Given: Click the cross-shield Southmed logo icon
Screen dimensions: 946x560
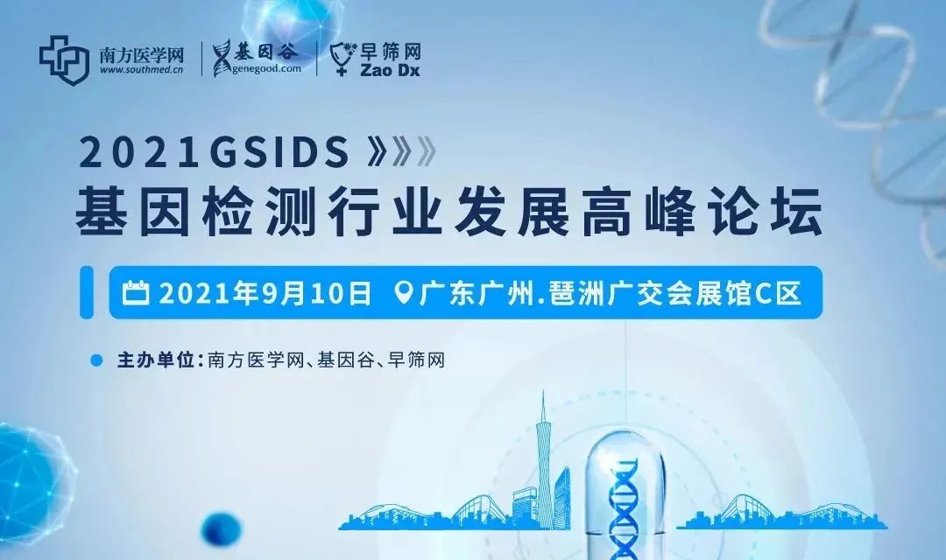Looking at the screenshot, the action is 64,59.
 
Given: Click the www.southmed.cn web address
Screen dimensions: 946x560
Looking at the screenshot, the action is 141,70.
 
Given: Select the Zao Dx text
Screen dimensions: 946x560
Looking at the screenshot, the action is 390,71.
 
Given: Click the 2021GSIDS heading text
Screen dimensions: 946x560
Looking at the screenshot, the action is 215,152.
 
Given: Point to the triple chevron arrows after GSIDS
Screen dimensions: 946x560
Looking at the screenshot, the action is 401,152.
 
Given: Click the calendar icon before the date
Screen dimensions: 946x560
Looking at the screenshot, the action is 135,293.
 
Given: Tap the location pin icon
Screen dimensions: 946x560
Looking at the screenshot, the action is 403,293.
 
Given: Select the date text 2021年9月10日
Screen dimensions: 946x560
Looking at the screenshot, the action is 265,294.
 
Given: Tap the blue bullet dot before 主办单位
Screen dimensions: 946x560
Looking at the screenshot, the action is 96,360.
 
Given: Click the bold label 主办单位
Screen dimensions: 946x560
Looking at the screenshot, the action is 156,360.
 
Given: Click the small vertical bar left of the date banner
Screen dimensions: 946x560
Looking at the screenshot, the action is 87,292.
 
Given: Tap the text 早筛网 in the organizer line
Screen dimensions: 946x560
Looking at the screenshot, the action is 416,360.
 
